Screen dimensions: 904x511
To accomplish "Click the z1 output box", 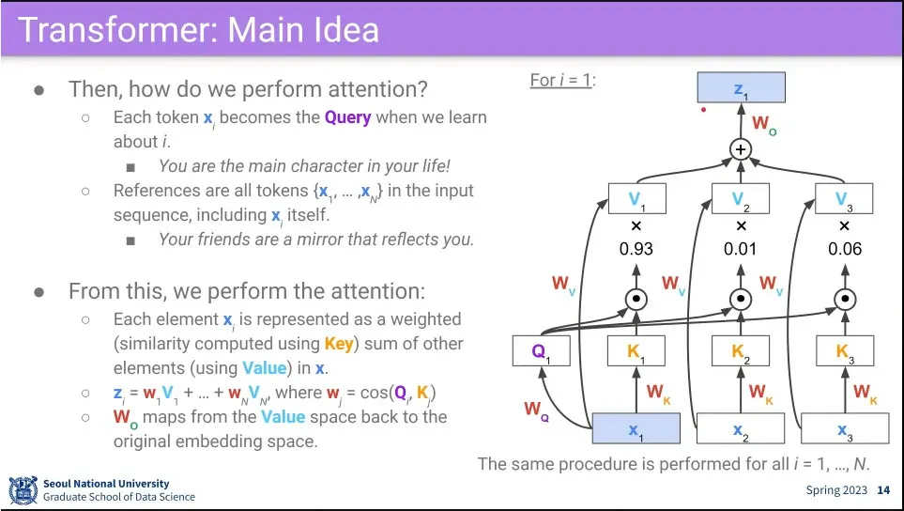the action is click(741, 87).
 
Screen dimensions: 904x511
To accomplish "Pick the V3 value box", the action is click(844, 198).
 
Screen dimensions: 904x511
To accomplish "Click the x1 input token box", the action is click(636, 428).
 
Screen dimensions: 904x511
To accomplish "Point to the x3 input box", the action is click(844, 428).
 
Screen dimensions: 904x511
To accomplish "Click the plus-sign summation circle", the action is click(742, 149).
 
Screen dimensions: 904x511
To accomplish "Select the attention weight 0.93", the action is click(636, 250).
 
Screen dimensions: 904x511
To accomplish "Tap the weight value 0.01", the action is click(741, 250).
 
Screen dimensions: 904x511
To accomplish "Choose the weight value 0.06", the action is click(844, 250).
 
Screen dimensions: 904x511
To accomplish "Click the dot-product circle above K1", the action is click(636, 300).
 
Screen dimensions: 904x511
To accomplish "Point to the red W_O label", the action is click(764, 124).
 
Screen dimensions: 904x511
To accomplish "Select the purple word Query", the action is click(347, 117).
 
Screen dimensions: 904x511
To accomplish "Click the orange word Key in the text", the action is click(339, 343).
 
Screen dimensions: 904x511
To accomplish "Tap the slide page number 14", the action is click(882, 490).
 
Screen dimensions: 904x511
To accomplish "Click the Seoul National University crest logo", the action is click(23, 490).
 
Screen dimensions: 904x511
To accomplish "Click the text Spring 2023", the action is click(835, 490).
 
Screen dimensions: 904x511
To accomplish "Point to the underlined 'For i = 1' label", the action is click(560, 80).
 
